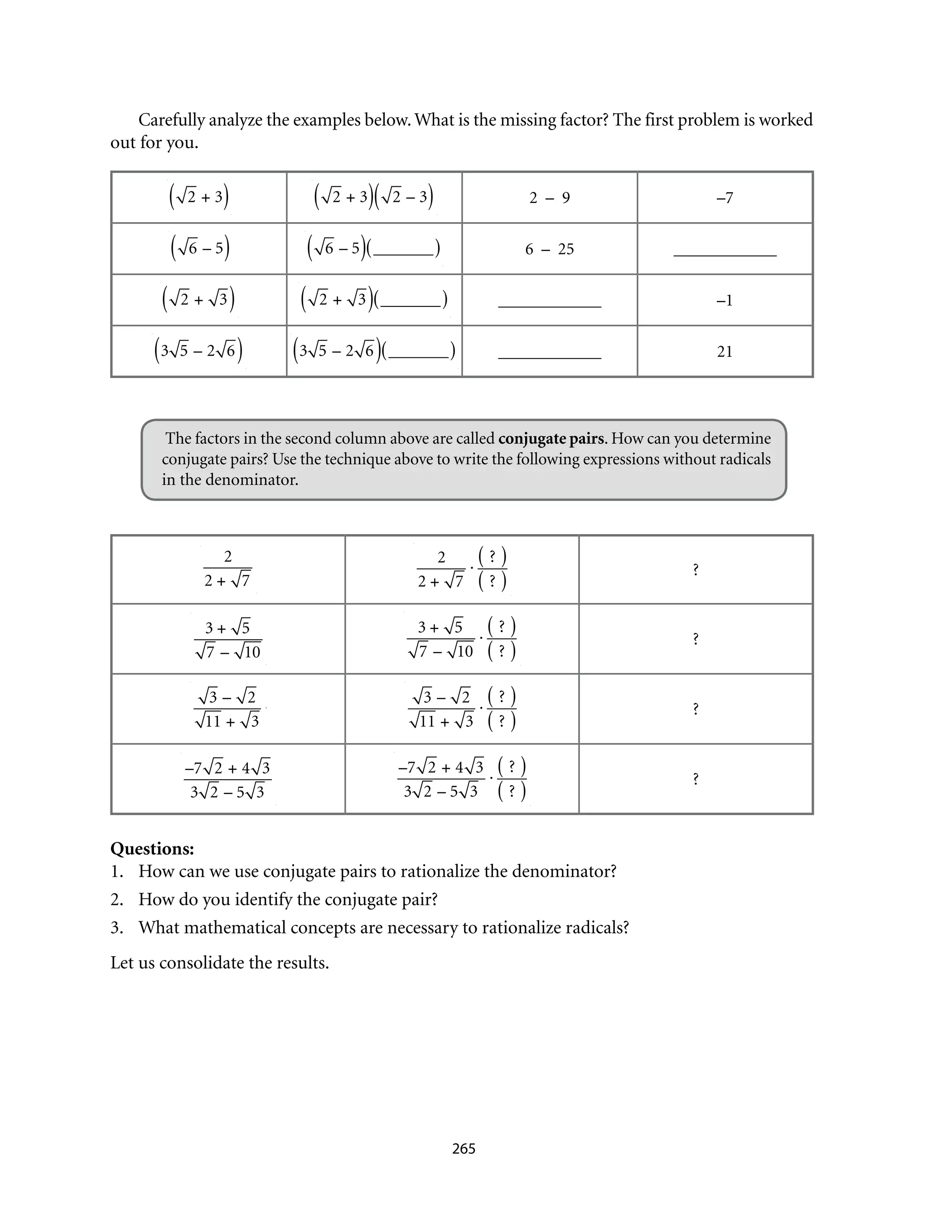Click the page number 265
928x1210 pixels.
coord(464,1149)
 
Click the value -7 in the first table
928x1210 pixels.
coord(724,198)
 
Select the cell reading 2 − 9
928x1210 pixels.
coord(549,198)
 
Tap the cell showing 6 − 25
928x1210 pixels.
coord(549,249)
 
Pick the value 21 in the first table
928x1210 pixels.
coord(724,351)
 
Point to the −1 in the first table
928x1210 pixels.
coord(724,301)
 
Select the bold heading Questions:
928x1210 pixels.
coord(152,848)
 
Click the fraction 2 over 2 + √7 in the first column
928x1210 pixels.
coord(227,569)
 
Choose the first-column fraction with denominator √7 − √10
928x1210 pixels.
coord(227,639)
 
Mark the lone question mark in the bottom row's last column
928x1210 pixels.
coord(696,778)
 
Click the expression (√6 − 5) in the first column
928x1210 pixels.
coord(199,248)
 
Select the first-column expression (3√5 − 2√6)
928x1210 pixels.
coord(198,350)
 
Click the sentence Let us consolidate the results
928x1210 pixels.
coord(219,962)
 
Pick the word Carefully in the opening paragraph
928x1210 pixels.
coord(171,120)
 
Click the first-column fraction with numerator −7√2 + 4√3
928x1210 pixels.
coord(227,779)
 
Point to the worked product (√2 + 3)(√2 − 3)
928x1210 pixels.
coord(373,197)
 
